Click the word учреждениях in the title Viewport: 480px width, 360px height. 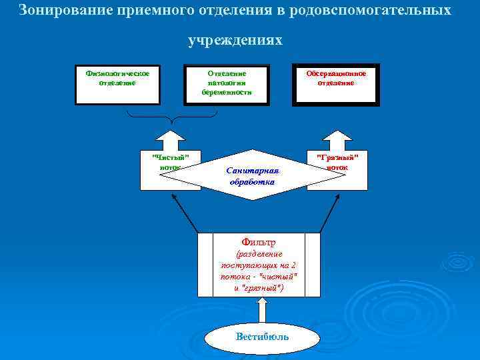235,41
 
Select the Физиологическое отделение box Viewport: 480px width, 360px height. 117,84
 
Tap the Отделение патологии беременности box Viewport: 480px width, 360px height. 227,84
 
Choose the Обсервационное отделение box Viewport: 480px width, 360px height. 336,84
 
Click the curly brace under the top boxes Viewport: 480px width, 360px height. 172,119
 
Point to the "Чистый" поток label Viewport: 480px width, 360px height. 171,162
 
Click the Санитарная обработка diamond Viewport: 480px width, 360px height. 252,175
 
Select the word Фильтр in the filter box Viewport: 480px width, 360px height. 258,242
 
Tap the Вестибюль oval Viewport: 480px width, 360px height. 262,336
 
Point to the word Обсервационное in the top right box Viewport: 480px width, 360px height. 336,73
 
